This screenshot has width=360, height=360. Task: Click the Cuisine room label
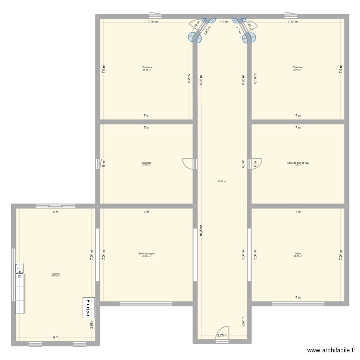tap(56, 274)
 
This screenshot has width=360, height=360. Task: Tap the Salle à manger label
tap(146, 253)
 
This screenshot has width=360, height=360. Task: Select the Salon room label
tap(298, 253)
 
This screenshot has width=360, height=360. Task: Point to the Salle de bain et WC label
tap(298, 163)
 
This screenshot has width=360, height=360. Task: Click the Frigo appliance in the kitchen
tap(89, 307)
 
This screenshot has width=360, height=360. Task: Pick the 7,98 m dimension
tap(153, 22)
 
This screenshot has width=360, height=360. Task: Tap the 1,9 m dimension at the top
tap(224, 22)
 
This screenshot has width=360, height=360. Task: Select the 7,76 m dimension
tap(293, 22)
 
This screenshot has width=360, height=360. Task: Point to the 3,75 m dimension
tap(222, 336)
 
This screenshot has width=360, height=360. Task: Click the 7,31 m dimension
tap(244, 255)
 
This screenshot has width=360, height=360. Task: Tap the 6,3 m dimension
tap(244, 164)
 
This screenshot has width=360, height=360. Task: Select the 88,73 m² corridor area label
tap(222, 181)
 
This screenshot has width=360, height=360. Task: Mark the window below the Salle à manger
tap(139, 303)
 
